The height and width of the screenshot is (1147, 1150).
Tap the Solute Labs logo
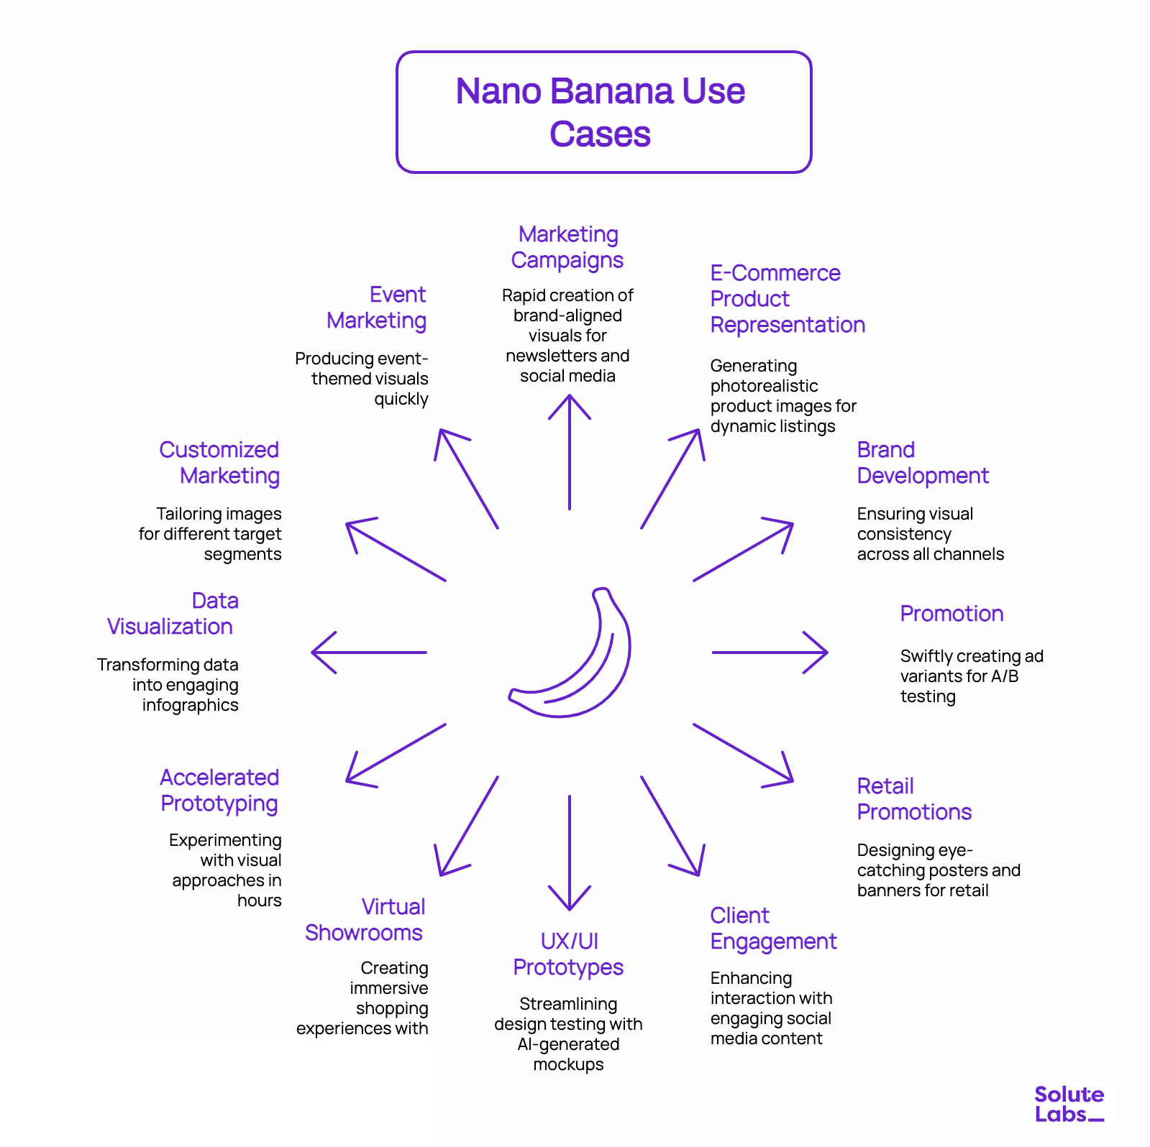pos(1069,1104)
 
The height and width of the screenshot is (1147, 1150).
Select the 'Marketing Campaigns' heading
pos(567,247)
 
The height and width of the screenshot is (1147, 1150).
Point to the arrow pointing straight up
pos(570,453)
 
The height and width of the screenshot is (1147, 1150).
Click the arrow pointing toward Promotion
pos(770,653)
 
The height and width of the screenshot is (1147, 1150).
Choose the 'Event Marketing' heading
pos(378,308)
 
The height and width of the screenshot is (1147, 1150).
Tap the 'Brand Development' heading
pos(922,463)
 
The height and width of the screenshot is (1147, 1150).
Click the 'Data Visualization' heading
pos(171,614)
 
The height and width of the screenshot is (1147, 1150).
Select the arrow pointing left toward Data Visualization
pos(368,653)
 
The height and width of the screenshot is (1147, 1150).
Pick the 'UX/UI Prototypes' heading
pos(568,954)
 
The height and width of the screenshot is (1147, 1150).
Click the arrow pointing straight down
pos(570,852)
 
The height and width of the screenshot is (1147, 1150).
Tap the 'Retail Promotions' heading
pos(913,799)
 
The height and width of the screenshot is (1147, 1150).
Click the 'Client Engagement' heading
pos(773,929)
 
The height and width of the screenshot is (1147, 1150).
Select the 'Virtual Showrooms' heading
pos(365,920)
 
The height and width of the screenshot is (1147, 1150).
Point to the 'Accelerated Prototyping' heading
pos(219,791)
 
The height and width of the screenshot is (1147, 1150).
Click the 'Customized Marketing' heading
pos(219,463)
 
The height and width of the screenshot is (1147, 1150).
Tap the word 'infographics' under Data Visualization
pos(191,705)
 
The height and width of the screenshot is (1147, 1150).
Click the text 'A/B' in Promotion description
pos(1005,676)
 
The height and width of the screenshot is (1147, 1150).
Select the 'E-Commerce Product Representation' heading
pos(787,299)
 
